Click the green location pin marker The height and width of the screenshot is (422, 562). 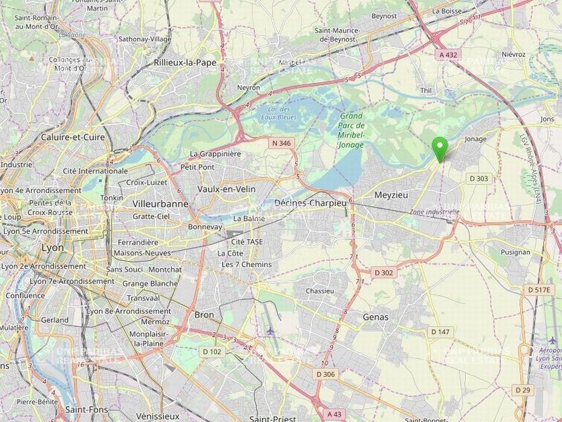pyautogui.click(x=440, y=148)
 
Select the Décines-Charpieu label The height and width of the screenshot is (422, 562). pyautogui.click(x=310, y=203)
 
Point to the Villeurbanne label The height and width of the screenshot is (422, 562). pyautogui.click(x=160, y=204)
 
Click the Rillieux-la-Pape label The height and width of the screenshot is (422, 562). pyautogui.click(x=185, y=62)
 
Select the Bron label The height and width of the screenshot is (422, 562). pyautogui.click(x=204, y=315)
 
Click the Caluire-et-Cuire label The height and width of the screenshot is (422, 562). pyautogui.click(x=73, y=137)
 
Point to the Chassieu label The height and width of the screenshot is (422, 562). pyautogui.click(x=320, y=291)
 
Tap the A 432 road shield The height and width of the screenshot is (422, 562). pyautogui.click(x=448, y=54)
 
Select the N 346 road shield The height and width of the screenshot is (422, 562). pyautogui.click(x=282, y=143)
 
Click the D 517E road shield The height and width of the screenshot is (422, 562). pyautogui.click(x=539, y=290)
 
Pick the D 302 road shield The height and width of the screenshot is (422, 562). pyautogui.click(x=384, y=272)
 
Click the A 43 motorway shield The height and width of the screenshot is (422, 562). pyautogui.click(x=336, y=414)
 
